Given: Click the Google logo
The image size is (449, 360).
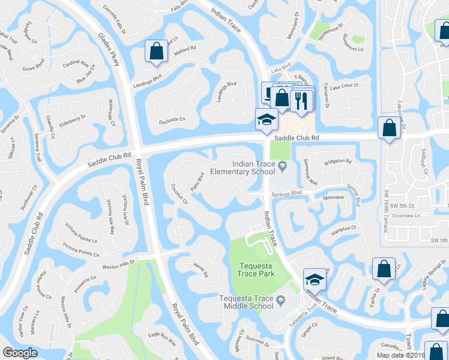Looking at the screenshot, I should click(x=20, y=353).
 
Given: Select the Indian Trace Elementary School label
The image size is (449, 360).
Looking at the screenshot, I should click(x=250, y=167).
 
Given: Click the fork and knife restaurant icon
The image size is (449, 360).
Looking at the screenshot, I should click(x=301, y=100).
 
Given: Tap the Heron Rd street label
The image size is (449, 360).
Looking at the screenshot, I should click(x=201, y=271).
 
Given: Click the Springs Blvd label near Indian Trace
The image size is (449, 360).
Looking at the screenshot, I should click(x=286, y=193).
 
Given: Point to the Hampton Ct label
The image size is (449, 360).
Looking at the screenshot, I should click(x=343, y=228).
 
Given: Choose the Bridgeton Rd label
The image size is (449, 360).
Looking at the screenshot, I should click(x=337, y=161).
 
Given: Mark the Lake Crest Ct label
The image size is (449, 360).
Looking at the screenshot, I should click(x=344, y=86).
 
